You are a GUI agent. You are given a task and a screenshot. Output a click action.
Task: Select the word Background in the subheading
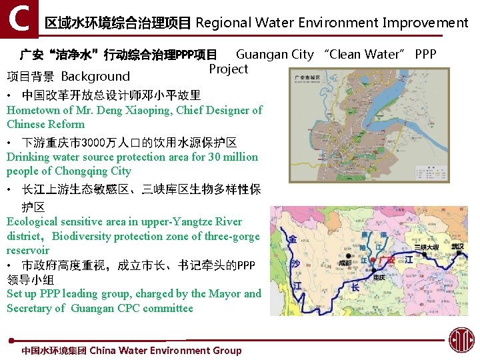coord(95,76)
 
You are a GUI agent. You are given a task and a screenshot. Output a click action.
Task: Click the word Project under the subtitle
coord(228,69)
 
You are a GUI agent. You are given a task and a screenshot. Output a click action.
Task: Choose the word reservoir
coord(28,250)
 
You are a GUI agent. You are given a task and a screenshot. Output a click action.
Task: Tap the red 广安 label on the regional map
coord(385,259)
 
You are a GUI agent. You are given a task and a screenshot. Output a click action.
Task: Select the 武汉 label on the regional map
coord(457,247)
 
